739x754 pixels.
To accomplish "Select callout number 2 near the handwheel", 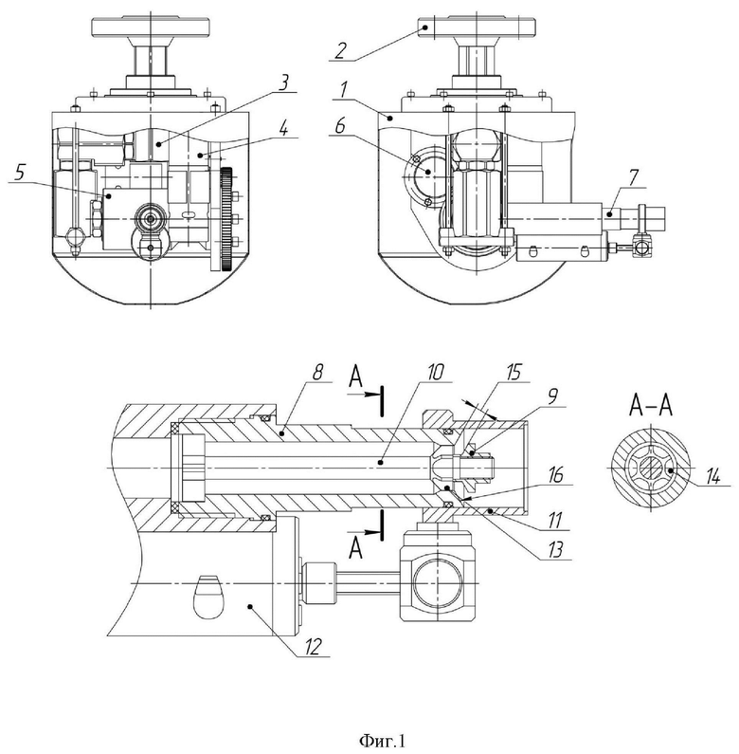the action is coord(340,50).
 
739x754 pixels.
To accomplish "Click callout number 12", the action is coord(313,646).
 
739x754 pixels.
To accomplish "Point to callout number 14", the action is coord(712,476).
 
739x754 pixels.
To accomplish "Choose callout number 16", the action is coord(555,475).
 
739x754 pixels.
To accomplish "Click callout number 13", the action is coord(555,550).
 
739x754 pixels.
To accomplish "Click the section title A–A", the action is coord(651,406).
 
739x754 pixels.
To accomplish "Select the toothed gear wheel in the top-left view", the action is coord(226,219).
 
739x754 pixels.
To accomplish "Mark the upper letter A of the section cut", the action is coord(355,377).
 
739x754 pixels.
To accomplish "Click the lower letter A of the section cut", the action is coord(355,548).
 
